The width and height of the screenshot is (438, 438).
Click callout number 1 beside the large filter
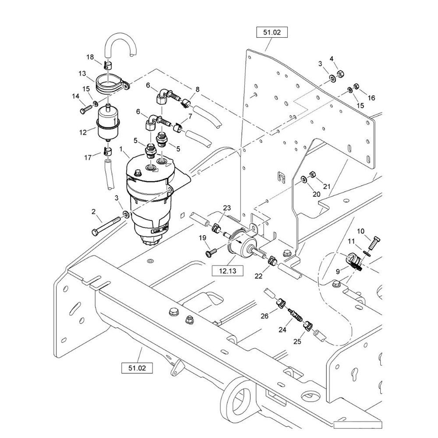click(121, 149)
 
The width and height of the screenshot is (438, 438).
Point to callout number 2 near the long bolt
click(94, 212)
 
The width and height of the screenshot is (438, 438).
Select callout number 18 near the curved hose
click(90, 57)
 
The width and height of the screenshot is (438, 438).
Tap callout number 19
click(203, 238)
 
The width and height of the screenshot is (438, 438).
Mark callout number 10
click(360, 231)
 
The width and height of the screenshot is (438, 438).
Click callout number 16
click(371, 98)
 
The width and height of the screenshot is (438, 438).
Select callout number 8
click(197, 89)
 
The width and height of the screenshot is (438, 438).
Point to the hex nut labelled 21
click(313, 174)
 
